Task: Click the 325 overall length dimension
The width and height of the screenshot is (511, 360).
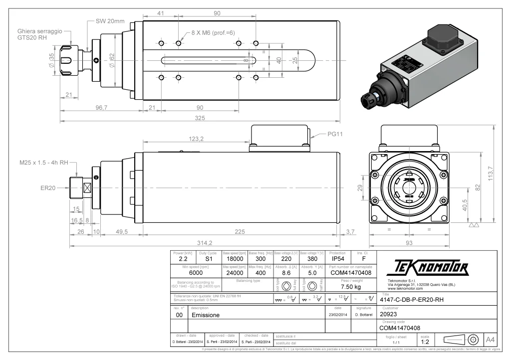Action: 200,118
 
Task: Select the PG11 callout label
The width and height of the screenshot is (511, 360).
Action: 324,134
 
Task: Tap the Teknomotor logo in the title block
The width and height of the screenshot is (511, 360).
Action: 427,269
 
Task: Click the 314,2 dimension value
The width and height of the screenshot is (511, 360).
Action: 204,243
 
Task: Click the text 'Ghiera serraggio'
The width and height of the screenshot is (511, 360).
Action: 40,30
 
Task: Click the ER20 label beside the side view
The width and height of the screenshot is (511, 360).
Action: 48,188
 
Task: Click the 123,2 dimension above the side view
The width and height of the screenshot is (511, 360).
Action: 196,139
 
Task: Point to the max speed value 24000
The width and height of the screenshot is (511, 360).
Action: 235,273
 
